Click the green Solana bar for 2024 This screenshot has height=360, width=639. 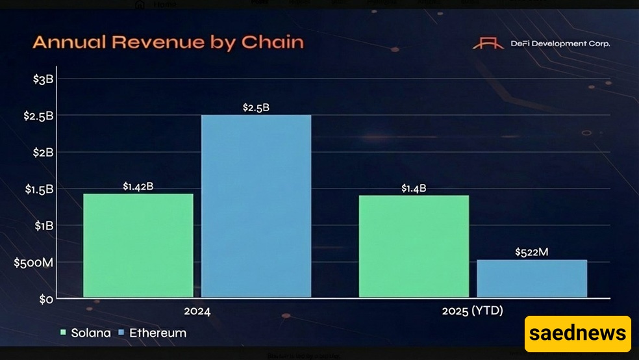[x=138, y=246]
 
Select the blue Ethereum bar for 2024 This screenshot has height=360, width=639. [x=256, y=207]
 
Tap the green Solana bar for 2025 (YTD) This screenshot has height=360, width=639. [x=414, y=246]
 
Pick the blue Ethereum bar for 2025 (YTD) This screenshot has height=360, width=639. [x=532, y=279]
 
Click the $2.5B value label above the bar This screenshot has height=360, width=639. [x=256, y=108]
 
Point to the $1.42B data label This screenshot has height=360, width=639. [x=138, y=186]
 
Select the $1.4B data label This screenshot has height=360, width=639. [x=414, y=188]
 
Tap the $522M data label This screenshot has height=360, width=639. [x=532, y=251]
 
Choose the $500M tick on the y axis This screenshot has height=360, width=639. [x=34, y=263]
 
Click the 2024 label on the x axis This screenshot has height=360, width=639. [x=197, y=311]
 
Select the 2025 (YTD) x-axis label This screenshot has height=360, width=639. [x=473, y=311]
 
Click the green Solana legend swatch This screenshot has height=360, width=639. [x=63, y=333]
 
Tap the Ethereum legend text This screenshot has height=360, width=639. [x=158, y=333]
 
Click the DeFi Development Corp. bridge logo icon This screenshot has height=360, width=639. [x=488, y=44]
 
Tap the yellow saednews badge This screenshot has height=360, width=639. [x=577, y=334]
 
